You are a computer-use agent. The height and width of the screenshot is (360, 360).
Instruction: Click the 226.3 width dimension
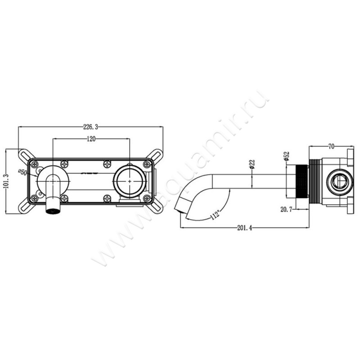tap(90, 127)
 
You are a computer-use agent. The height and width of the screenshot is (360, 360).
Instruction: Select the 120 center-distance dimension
tap(91, 139)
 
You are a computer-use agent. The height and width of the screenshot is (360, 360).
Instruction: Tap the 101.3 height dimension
tap(6, 181)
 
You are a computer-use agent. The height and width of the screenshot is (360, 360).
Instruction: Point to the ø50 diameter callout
tap(23, 172)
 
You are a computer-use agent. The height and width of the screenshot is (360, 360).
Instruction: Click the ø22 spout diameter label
tap(252, 164)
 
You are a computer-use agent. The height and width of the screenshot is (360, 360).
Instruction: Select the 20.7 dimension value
tap(286, 209)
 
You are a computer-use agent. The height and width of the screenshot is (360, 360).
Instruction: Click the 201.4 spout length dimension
tap(244, 228)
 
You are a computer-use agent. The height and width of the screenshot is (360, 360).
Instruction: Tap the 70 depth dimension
tap(331, 147)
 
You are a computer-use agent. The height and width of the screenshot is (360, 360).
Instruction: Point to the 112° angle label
tap(215, 215)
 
